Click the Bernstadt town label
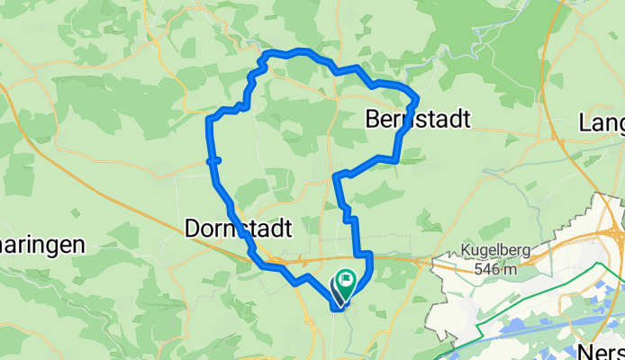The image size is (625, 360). (x=419, y=119)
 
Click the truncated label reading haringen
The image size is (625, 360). (x=42, y=245)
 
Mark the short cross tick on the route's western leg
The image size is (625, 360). (x=213, y=160)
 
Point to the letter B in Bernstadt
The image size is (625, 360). (x=374, y=119)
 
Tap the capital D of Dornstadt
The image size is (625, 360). (x=192, y=229)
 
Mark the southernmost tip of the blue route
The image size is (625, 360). (x=337, y=308)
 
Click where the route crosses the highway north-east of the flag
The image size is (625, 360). (x=368, y=258)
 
